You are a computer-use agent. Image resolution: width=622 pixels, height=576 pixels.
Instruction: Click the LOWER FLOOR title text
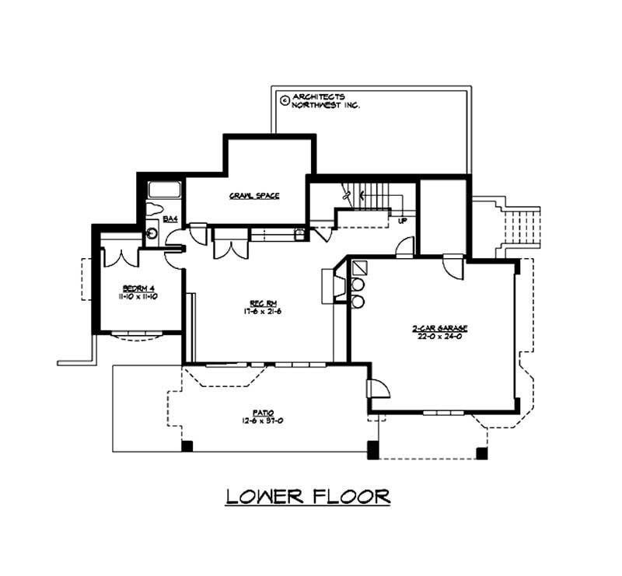[308, 496]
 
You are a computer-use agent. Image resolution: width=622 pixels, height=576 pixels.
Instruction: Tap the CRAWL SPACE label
[254, 196]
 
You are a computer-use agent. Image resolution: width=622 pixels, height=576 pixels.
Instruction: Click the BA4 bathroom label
[171, 220]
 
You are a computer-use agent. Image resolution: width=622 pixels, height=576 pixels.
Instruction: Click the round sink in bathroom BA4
[152, 232]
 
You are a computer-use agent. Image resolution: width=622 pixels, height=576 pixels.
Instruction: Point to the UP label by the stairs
[403, 221]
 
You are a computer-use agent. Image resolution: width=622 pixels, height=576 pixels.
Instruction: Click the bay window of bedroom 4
[137, 335]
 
